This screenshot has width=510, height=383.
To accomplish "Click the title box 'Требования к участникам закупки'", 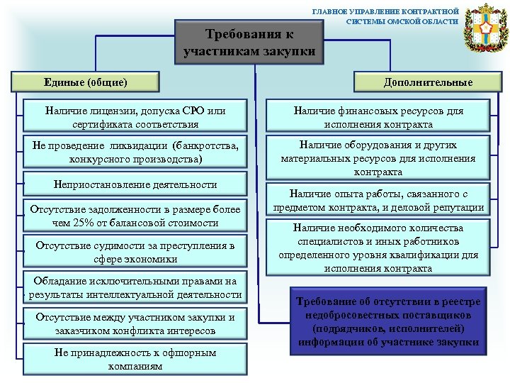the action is [249, 43].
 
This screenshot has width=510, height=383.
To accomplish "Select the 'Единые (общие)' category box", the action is [90, 82].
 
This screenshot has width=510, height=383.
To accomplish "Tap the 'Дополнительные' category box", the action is [429, 82].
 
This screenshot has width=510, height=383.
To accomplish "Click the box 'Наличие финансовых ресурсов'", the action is [378, 116].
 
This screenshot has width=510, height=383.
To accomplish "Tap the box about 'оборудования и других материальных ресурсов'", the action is [378, 157].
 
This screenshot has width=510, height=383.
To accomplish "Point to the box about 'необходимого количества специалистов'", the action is [378, 248].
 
